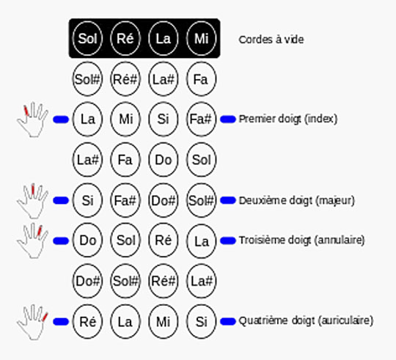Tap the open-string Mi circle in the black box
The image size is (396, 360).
[x=200, y=38]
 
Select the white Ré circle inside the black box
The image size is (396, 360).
[x=125, y=38]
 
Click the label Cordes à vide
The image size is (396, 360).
[x=271, y=39]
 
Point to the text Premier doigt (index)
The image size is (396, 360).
[x=288, y=118]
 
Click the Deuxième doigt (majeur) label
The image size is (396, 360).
[x=296, y=199]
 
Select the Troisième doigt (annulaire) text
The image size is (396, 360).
[x=301, y=240]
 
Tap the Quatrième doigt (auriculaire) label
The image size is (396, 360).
[x=306, y=320]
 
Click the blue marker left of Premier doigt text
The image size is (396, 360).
[x=228, y=118]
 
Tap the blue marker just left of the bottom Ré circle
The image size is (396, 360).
[x=61, y=321]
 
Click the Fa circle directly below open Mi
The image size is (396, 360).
[x=200, y=78]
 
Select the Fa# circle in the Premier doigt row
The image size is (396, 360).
[x=200, y=118]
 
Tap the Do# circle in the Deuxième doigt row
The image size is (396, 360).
[x=162, y=199]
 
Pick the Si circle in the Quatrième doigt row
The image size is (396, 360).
[x=200, y=320]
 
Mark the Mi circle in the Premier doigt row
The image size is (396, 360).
[x=125, y=118]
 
